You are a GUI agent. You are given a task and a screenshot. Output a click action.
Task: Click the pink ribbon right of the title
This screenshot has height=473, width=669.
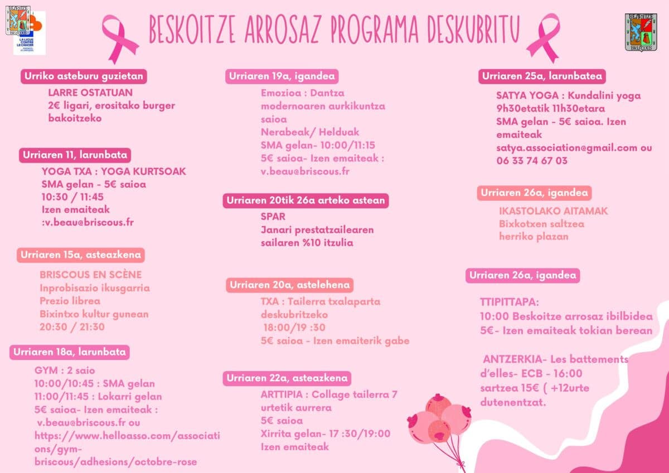(x=543, y=37)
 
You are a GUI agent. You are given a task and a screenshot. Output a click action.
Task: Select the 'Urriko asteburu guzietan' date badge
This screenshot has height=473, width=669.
(x=84, y=76)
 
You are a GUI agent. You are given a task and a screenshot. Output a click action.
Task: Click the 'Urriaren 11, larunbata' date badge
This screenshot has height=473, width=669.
(x=75, y=155)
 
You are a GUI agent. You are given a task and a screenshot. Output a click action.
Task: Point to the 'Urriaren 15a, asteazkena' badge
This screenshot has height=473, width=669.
(x=81, y=255)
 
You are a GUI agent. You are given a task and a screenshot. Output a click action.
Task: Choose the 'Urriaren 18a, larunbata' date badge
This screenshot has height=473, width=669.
(x=70, y=352)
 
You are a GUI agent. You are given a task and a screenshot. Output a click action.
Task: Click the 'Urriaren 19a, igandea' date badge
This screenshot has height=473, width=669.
(x=282, y=76)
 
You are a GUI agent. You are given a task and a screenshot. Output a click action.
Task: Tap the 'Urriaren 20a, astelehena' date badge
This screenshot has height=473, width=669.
(x=290, y=285)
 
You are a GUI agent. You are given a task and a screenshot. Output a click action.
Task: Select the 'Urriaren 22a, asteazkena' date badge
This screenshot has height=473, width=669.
(x=287, y=378)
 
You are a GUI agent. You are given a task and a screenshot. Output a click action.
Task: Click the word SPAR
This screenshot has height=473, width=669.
(x=273, y=216)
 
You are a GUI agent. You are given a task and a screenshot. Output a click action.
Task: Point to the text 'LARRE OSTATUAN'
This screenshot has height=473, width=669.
(x=90, y=92)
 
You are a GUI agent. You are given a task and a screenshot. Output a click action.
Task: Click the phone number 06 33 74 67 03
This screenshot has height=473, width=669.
(x=532, y=160)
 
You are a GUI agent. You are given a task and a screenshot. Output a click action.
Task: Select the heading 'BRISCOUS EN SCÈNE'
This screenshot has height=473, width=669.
(x=90, y=275)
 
